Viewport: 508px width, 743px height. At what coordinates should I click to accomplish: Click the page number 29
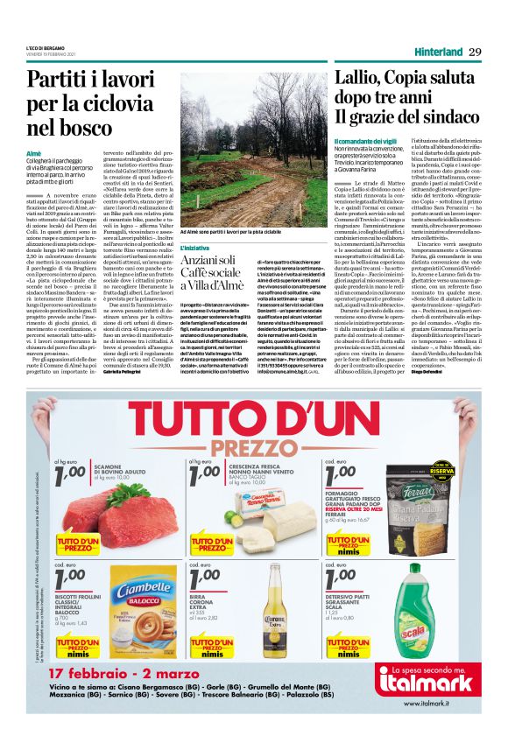click(475, 52)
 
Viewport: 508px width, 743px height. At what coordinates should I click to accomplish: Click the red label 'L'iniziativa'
click(195, 248)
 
